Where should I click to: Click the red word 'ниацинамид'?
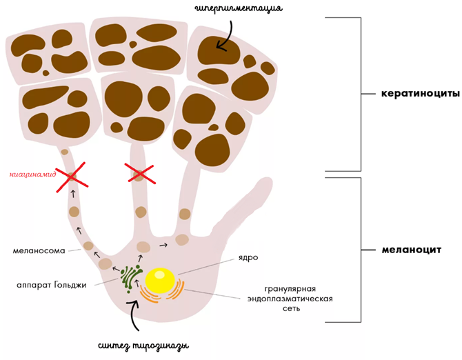point(32,174)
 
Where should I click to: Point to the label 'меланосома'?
point(39,250)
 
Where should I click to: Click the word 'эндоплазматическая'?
point(291,299)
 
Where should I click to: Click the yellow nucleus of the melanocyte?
point(160,279)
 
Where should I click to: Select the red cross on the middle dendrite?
point(139,174)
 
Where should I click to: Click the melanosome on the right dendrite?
point(185,214)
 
